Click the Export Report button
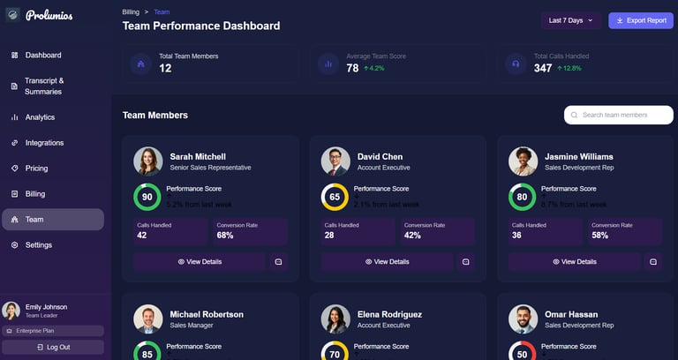(641, 20)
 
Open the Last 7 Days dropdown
(571, 20)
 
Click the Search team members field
(618, 115)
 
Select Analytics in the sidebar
(40, 117)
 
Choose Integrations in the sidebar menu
(44, 143)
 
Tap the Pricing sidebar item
(36, 169)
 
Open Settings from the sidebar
(38, 245)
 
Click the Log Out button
(54, 347)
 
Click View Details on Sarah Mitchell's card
(200, 262)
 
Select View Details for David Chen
(387, 262)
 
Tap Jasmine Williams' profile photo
(523, 161)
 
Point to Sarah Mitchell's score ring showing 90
(147, 197)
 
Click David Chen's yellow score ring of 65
(335, 197)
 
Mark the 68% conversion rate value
(225, 236)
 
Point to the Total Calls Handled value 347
(543, 68)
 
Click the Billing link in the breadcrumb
(131, 12)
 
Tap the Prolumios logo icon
(12, 15)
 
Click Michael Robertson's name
(207, 314)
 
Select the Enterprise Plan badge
(53, 331)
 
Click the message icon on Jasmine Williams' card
(652, 262)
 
